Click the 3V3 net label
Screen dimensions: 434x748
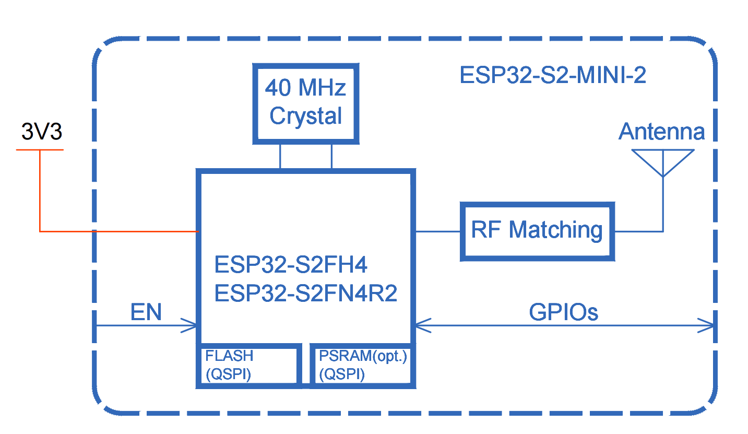click(42, 132)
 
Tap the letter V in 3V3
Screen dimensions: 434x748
click(42, 132)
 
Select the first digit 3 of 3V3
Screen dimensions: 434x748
click(27, 132)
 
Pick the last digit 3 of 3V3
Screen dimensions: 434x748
click(56, 132)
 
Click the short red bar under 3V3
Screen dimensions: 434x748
click(52, 150)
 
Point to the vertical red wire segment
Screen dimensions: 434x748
click(40, 191)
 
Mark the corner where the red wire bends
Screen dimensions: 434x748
click(40, 231)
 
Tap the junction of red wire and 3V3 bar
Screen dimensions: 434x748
click(40, 150)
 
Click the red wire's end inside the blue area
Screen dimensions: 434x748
click(198, 231)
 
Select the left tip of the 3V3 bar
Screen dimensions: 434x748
click(17, 150)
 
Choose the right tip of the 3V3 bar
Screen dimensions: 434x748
click(63, 150)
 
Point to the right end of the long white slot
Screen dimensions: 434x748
click(406, 234)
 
